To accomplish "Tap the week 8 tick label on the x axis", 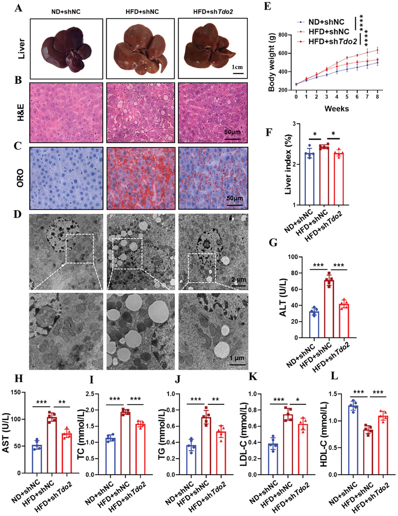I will [377, 98].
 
